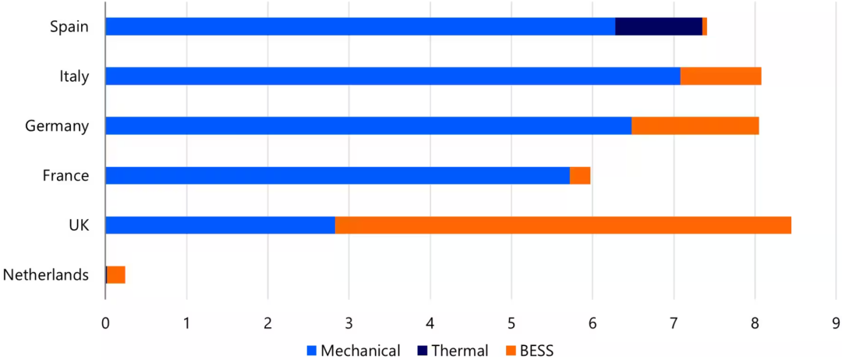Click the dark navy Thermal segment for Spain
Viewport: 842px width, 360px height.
tap(659, 26)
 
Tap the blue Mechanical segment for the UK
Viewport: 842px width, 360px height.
tap(220, 225)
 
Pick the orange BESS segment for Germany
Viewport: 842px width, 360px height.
tap(695, 125)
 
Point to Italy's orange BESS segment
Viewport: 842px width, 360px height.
tap(720, 76)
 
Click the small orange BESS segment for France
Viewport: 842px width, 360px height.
tap(580, 175)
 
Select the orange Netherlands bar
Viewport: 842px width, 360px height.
tap(116, 274)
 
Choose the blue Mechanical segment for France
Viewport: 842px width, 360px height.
tap(337, 175)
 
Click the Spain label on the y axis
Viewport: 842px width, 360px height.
tap(69, 26)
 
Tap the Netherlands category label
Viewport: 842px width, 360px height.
tap(45, 274)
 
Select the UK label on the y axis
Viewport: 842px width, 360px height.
tap(78, 225)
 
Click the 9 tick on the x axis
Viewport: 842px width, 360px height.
tap(835, 322)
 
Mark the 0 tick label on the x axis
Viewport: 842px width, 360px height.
tap(105, 322)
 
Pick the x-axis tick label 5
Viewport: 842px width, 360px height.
tap(511, 322)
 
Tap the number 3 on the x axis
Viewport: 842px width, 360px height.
tap(348, 322)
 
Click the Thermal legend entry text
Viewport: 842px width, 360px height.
tap(460, 351)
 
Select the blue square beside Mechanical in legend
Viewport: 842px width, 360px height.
tap(310, 351)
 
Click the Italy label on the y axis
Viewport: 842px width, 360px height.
tap(74, 76)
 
